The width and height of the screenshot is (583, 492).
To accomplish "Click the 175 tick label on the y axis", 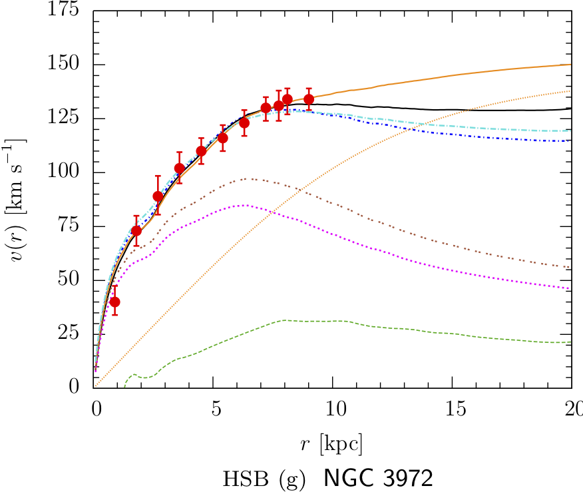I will click(x=65, y=11).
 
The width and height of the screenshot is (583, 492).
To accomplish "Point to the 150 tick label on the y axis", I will click(x=65, y=65).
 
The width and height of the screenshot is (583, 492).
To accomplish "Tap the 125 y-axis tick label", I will click(x=65, y=119).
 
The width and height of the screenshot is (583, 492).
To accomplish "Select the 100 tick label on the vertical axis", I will click(x=65, y=172).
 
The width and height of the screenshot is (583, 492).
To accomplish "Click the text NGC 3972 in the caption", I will click(x=379, y=478).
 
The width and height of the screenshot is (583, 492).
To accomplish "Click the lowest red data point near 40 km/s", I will click(x=114, y=302).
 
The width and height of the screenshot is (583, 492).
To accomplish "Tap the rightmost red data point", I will click(x=309, y=99).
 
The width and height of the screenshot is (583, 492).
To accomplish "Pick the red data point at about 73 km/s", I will click(x=136, y=230).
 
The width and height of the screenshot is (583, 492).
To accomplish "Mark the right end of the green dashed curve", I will click(x=571, y=342).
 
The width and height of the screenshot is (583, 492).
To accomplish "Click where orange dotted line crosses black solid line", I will click(x=470, y=109).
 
